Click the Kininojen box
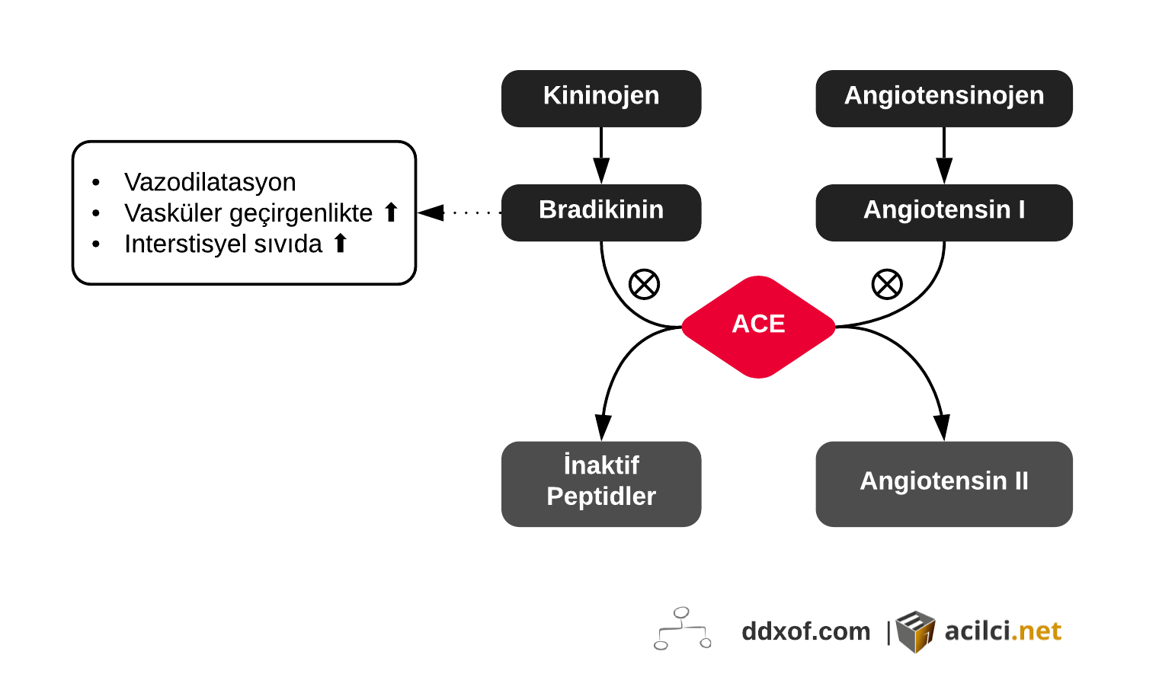[600, 98]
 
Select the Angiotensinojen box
[943, 98]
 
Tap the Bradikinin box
[600, 212]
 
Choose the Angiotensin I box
[943, 212]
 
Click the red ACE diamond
[758, 326]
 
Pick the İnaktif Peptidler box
[600, 483]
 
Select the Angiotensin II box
[943, 483]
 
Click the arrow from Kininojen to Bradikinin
[601, 155]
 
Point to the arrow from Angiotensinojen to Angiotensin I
[944, 155]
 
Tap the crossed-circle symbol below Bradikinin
[644, 285]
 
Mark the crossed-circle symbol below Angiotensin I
[887, 285]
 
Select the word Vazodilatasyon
[210, 182]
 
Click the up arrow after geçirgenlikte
[391, 212]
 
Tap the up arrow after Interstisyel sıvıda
[341, 244]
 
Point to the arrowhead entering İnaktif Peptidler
[603, 427]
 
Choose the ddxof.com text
[805, 631]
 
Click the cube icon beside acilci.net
[915, 631]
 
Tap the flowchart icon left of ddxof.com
[682, 629]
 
